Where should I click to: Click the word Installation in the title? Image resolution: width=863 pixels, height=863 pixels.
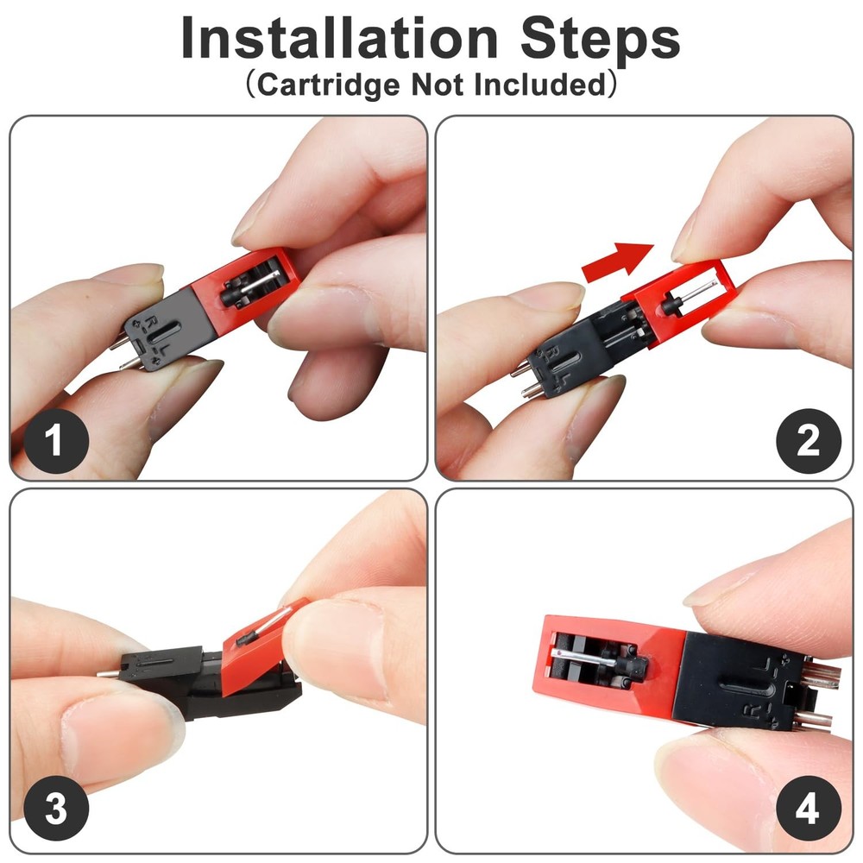point(339,39)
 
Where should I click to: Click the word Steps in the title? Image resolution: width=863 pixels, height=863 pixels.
point(601,40)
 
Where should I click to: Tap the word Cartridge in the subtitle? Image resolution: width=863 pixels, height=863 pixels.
point(328,85)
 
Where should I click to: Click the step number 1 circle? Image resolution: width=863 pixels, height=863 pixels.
point(55,441)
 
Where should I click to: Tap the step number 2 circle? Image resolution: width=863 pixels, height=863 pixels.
point(809,441)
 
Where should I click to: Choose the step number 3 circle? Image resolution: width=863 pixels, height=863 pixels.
point(55,809)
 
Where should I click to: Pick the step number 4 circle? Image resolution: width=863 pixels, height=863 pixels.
point(809,809)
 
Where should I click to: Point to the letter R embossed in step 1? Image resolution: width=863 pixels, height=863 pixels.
point(152,321)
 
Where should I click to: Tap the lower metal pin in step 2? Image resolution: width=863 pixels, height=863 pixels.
point(532,391)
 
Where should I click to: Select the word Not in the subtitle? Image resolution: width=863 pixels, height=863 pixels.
point(437,85)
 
